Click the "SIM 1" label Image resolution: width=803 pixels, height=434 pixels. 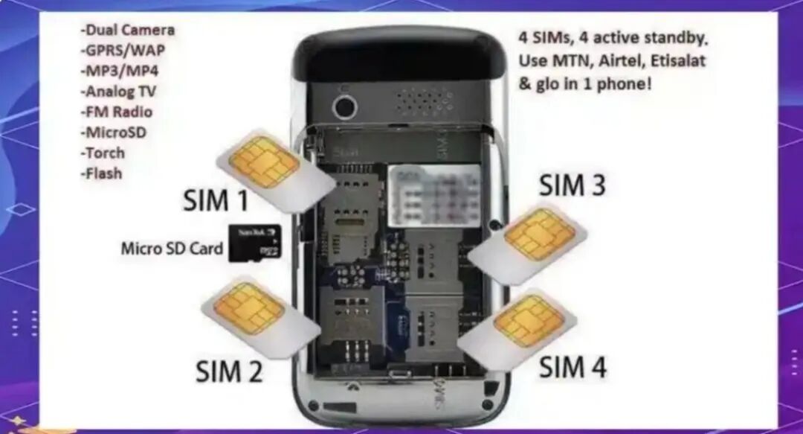216,200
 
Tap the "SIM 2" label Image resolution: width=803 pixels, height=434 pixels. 229,370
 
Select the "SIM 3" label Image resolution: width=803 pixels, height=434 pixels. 572,185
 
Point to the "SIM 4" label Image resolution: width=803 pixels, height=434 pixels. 573,366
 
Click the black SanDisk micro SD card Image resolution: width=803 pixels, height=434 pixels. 255,242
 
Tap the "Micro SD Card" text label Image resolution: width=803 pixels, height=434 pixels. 172,248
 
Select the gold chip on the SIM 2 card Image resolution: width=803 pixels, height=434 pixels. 248,307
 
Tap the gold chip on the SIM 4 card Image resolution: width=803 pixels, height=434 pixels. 529,321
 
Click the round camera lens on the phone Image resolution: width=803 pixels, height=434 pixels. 344,106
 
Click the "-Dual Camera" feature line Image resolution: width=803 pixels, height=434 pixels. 128,31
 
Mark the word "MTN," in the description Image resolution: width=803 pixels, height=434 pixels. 572,60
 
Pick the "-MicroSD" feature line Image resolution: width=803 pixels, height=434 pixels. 115,133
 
